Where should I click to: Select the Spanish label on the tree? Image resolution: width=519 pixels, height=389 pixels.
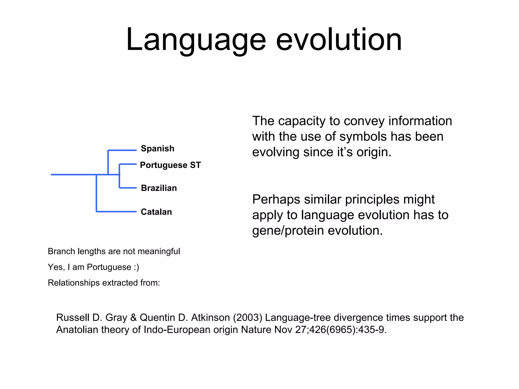157,148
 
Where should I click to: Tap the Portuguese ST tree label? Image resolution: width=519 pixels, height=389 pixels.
170,165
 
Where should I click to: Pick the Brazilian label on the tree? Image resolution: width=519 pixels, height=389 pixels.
159,188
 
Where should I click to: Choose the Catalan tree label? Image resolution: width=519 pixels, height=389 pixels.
156,212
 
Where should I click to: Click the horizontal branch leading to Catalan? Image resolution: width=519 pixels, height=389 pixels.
117,211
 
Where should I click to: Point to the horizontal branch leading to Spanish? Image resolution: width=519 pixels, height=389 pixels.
122,150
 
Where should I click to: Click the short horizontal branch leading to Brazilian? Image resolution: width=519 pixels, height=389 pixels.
128,188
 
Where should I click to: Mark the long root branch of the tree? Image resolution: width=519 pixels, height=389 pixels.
73,174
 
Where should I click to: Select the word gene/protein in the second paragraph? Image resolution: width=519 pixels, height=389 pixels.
288,231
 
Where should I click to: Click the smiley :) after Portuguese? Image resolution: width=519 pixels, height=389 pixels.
136,267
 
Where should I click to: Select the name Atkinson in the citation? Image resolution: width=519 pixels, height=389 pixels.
210,318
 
